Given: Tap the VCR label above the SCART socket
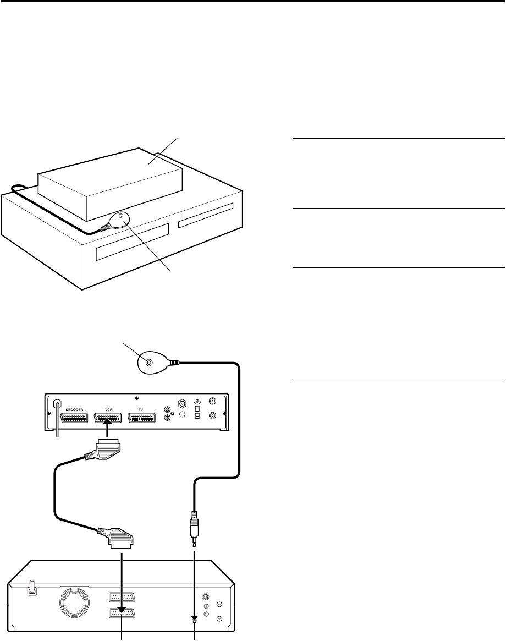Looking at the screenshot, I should coord(108,410).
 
